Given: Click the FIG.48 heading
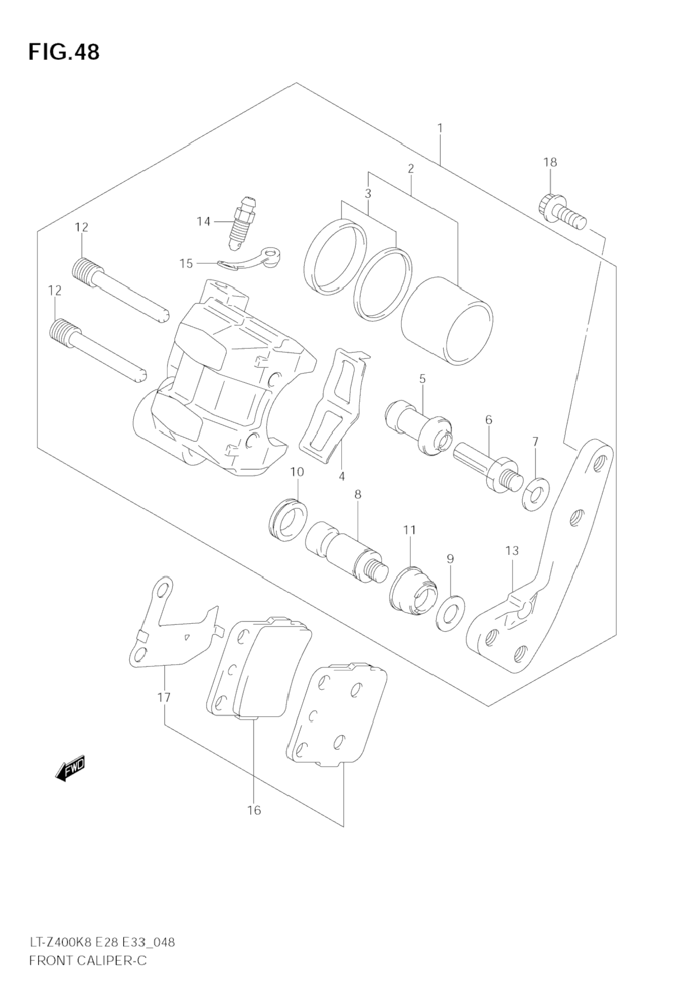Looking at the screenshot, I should tap(64, 52).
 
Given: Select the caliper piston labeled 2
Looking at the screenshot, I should tap(448, 323).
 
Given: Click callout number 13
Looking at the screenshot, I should tap(512, 551).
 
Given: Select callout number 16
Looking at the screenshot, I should tap(254, 810).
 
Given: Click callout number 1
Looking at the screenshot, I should tap(440, 128).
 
